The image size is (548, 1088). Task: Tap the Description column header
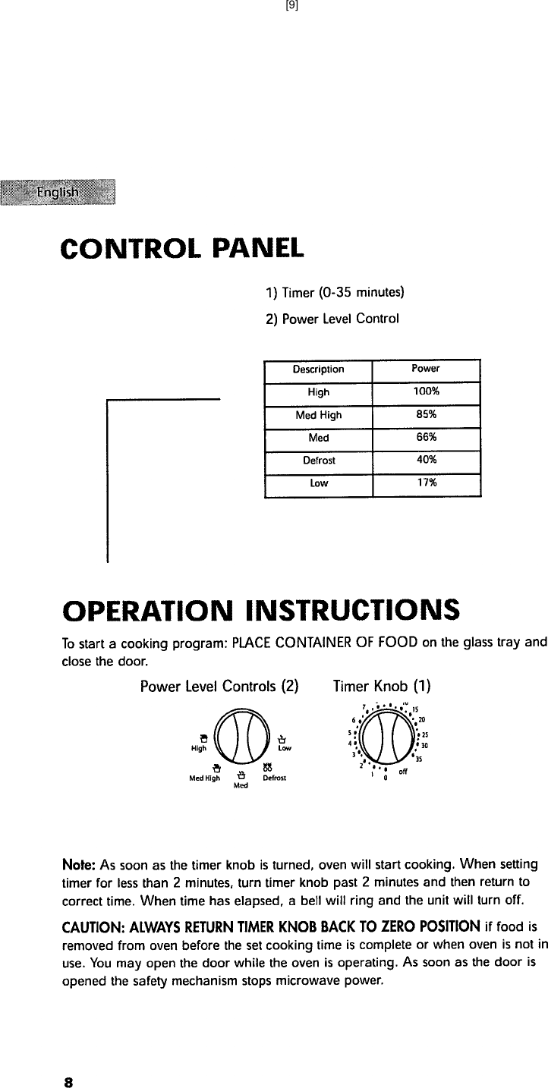click(x=318, y=369)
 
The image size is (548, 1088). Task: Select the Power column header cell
click(x=426, y=369)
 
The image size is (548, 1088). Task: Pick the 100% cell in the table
click(x=426, y=392)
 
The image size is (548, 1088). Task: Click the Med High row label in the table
click(x=318, y=415)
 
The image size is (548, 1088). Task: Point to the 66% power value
click(x=426, y=438)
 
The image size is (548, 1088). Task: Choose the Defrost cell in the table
click(x=318, y=461)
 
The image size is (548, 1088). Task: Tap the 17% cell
click(x=426, y=483)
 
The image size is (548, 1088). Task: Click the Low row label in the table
click(x=318, y=483)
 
